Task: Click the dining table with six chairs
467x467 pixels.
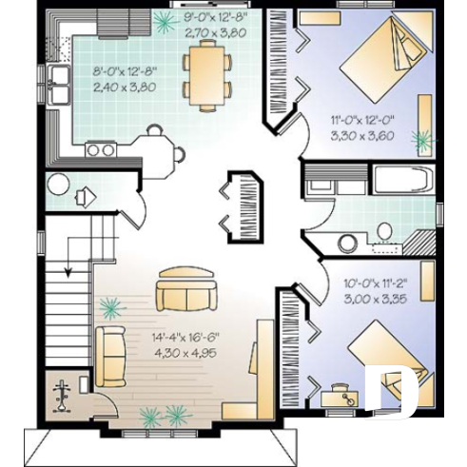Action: click(x=207, y=76)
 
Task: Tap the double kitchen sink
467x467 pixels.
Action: click(x=60, y=85)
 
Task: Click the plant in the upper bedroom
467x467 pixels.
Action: click(x=421, y=140)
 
